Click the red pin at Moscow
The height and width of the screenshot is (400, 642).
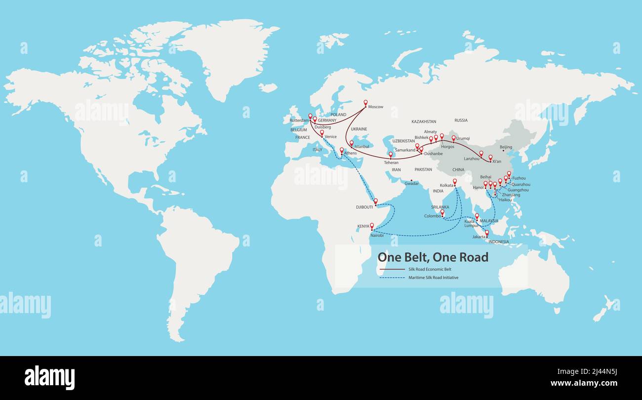point(365,103)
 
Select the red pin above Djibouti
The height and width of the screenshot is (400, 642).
point(375,201)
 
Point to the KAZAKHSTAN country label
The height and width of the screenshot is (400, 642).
point(424,121)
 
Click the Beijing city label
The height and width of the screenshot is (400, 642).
point(506,147)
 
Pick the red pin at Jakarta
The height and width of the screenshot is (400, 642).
point(486,233)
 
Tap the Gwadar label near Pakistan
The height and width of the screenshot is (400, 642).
point(412,184)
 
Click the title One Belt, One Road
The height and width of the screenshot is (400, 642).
point(433,257)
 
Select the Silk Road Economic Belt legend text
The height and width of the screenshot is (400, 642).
point(430,270)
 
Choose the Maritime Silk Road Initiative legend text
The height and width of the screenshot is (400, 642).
point(433,278)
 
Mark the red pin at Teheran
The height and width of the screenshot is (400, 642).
point(390,155)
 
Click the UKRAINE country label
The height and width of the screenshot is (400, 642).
point(359,129)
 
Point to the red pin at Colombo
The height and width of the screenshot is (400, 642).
point(442,212)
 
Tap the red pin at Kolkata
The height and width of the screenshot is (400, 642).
point(455,182)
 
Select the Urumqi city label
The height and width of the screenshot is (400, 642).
point(463,138)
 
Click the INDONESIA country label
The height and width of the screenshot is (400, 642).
point(498,242)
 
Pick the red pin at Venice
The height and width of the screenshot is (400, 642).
point(321,133)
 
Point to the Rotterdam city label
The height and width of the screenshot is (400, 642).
point(299,120)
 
